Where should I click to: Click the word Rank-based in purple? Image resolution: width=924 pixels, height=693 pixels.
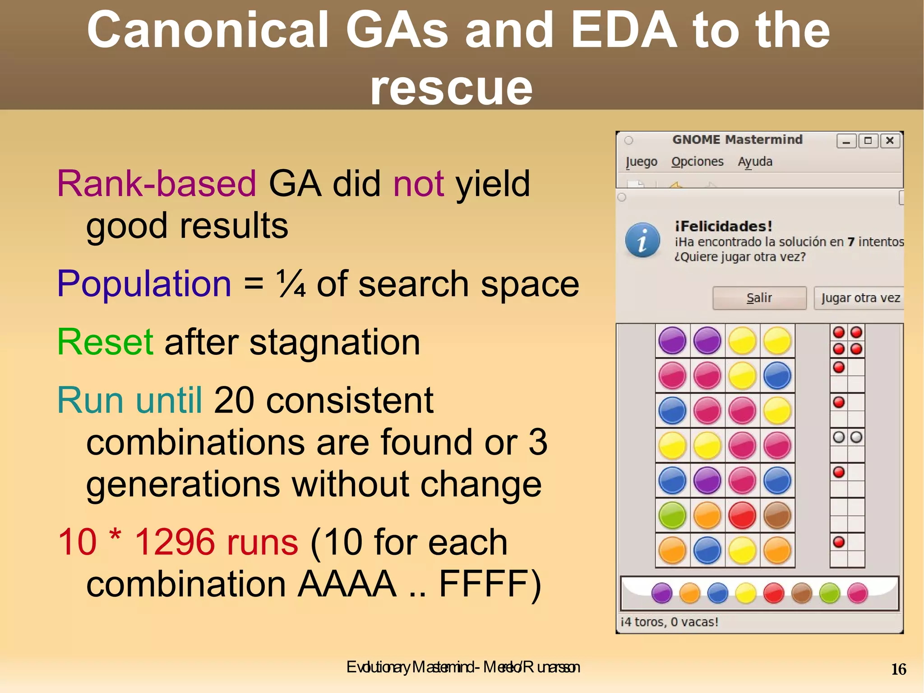pos(157,184)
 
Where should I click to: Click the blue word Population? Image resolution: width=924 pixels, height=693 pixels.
pos(144,284)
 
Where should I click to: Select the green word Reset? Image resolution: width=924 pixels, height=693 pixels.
pos(105,342)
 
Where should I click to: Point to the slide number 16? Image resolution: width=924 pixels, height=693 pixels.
pos(898,669)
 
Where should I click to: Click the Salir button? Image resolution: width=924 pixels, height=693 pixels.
pos(759,298)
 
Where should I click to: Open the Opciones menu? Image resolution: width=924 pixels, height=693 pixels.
pos(697,162)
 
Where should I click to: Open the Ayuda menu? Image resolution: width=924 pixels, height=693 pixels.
pos(755,162)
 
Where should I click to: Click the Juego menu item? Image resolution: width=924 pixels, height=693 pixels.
pos(641,162)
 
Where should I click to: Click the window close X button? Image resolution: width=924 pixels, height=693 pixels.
pos(890,141)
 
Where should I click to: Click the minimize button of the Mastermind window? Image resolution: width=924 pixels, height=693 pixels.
pos(846,141)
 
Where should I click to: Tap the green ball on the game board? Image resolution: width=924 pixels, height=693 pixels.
pos(672,516)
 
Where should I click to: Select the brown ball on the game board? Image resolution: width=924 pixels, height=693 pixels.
pos(777,516)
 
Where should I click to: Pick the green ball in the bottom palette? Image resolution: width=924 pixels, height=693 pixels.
pos(829,593)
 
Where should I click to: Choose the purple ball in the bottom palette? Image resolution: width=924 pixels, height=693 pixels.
pos(662,593)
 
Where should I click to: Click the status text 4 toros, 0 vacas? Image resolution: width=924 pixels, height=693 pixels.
pos(670,622)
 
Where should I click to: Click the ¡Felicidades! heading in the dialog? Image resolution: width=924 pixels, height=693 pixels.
pos(723,226)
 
